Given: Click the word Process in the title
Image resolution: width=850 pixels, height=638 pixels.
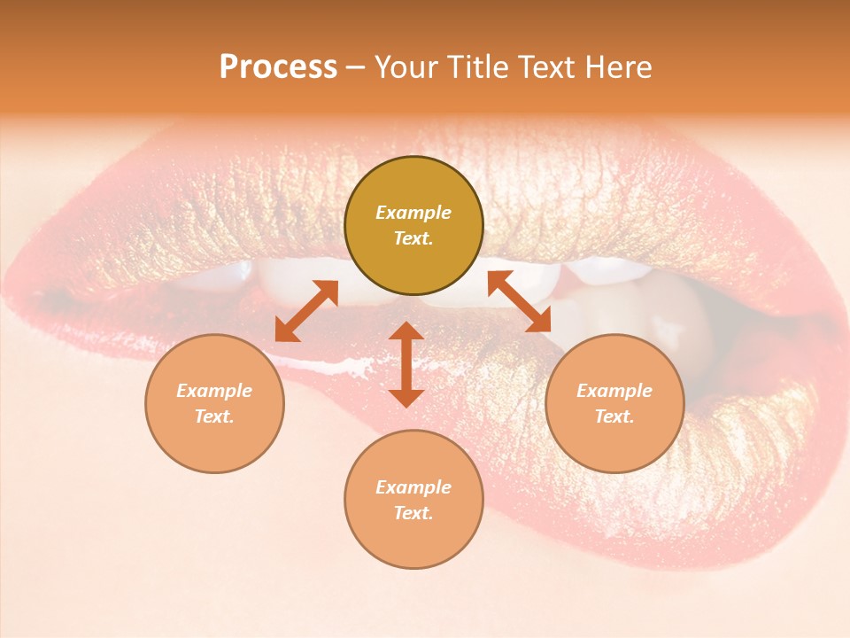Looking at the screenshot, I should [x=278, y=67].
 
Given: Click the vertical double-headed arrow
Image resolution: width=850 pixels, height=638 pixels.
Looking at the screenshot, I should [x=406, y=364].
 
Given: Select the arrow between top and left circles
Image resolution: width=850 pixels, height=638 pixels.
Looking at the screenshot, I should [x=306, y=311].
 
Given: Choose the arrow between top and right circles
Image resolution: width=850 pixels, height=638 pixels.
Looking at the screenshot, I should [x=520, y=301].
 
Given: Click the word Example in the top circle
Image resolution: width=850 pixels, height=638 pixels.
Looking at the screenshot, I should [x=413, y=213].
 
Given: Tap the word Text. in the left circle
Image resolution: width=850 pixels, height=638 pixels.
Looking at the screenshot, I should [x=214, y=416].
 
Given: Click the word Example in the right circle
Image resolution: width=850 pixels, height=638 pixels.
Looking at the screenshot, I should [x=614, y=391].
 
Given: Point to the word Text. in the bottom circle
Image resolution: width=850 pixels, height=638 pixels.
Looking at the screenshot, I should [x=413, y=513].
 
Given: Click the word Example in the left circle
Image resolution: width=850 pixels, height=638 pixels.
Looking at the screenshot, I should [x=214, y=391].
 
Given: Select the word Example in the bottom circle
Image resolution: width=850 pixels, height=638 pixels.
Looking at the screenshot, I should [x=413, y=487].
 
